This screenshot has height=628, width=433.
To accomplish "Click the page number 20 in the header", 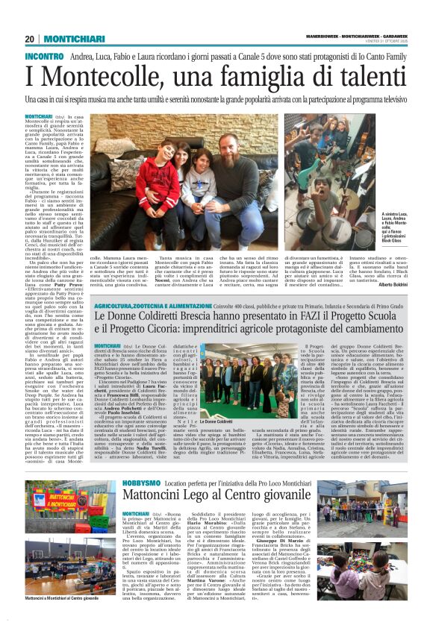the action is [x=29, y=39].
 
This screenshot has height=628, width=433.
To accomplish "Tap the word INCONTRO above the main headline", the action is [x=45, y=57].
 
